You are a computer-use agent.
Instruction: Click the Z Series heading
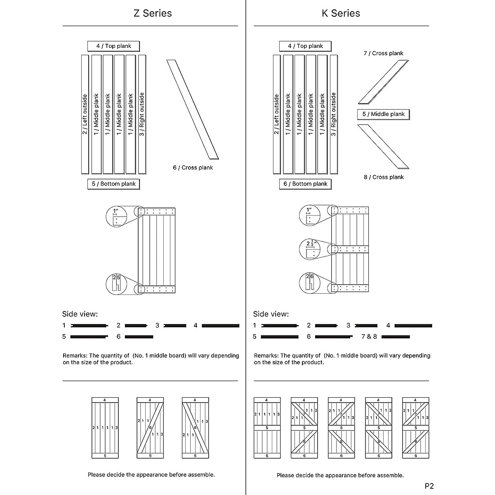152,13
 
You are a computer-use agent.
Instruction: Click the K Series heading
341,13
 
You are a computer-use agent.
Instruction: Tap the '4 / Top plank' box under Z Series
113,46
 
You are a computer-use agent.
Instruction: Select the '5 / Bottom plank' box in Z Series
113,184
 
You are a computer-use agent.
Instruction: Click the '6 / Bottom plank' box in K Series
305,184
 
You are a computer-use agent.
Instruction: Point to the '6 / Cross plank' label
193,167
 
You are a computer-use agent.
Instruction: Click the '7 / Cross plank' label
383,53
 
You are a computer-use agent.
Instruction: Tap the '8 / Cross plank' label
383,177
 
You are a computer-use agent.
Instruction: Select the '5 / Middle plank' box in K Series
383,114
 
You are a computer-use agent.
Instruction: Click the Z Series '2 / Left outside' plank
85,114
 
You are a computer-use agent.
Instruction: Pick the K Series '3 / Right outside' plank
333,114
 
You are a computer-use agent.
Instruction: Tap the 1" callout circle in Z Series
118,216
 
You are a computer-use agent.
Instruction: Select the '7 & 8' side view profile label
369,337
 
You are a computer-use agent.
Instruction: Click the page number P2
429,486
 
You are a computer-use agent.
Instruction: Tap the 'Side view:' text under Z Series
80,314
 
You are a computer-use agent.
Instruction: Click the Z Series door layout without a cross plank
105,428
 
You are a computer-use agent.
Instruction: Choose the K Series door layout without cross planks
267,428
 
